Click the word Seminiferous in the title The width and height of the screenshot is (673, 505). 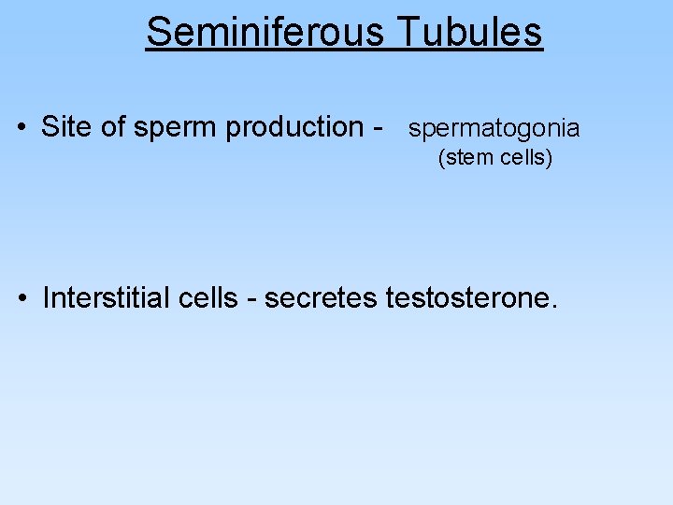click(x=265, y=32)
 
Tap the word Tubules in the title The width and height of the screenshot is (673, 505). click(x=469, y=32)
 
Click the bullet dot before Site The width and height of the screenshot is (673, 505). click(x=21, y=127)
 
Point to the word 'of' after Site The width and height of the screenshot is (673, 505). click(x=114, y=126)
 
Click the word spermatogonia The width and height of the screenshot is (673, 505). click(x=494, y=129)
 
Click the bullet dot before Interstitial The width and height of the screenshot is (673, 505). click(x=21, y=299)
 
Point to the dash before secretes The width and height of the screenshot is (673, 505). click(x=252, y=300)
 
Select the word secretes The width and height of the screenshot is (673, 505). click(x=321, y=299)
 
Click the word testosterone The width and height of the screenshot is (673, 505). click(x=467, y=299)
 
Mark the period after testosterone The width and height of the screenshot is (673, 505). click(x=555, y=308)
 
